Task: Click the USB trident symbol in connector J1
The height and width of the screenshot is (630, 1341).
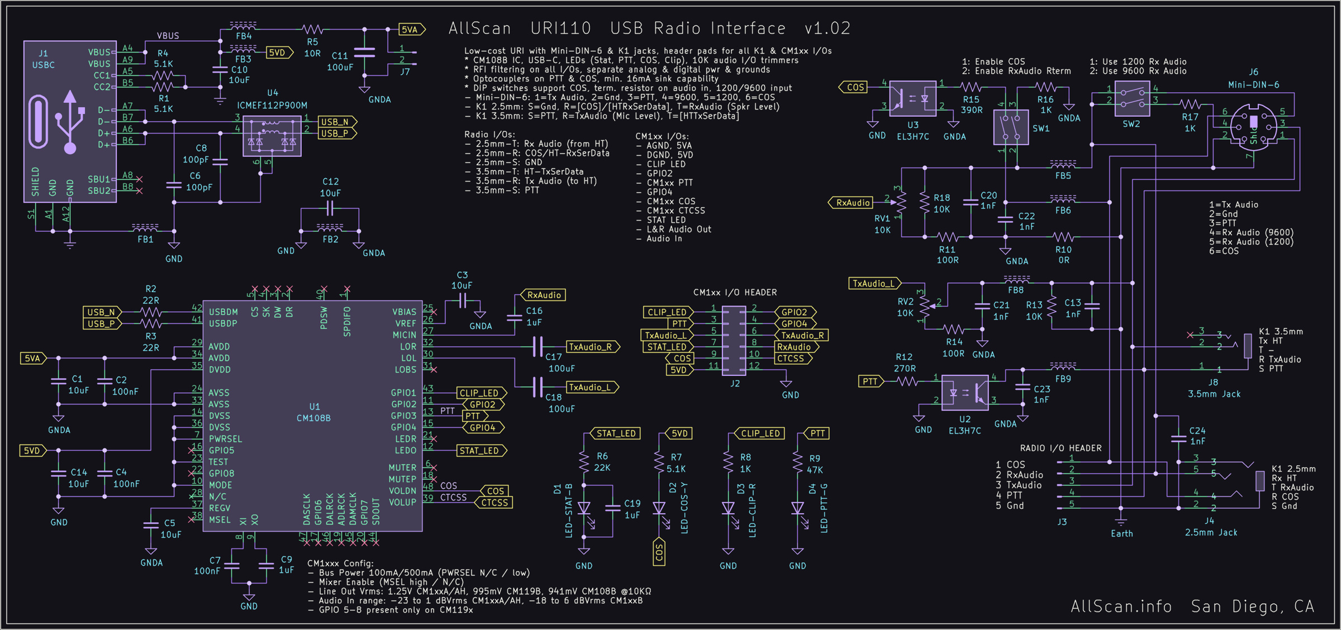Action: [70, 122]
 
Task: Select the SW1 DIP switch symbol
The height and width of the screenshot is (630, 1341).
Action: [1011, 127]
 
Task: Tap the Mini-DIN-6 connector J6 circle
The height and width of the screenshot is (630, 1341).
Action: [1253, 126]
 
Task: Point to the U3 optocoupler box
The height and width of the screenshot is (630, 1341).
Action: [912, 98]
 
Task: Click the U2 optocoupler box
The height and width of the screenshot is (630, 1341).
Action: [965, 393]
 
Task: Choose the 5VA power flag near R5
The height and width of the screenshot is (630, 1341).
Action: [411, 30]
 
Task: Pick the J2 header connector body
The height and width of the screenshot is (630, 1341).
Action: [734, 340]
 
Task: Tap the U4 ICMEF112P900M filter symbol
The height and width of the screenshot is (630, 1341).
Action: [272, 137]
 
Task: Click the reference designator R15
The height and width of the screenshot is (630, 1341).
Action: [971, 99]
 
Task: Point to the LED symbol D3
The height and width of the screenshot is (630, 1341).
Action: [728, 508]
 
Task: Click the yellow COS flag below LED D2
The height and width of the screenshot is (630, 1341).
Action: [659, 552]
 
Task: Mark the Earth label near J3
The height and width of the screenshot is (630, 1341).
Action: [1121, 533]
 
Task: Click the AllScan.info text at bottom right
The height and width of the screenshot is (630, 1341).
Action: [1121, 606]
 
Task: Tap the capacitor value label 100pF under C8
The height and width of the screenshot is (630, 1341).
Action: [195, 160]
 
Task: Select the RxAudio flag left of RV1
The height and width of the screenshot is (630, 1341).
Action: [852, 203]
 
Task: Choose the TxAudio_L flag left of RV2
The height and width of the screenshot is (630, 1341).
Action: [873, 284]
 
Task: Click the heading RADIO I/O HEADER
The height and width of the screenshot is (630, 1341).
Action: [1061, 448]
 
